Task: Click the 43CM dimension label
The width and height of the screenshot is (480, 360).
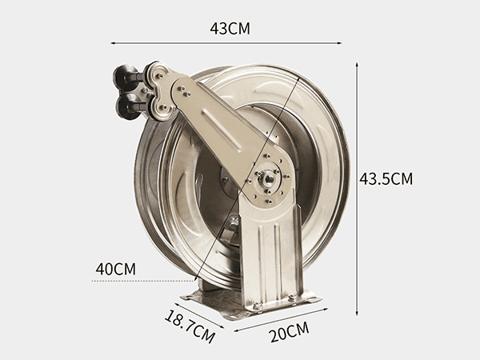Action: coord(230,29)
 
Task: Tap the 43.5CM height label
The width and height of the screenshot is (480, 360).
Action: coord(386,178)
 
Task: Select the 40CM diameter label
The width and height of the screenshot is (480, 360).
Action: coord(116,269)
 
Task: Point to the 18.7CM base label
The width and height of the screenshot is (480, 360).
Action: coord(190,326)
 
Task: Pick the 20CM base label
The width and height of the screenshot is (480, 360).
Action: coord(290,332)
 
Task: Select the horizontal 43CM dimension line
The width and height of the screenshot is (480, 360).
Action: coord(226,43)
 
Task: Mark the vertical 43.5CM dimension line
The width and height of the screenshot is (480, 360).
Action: coord(357,189)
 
